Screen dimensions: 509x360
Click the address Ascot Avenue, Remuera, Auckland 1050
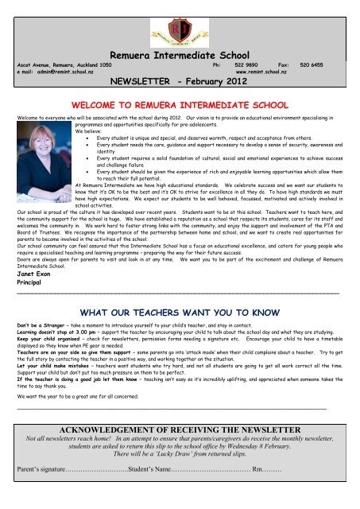tap(64, 64)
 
